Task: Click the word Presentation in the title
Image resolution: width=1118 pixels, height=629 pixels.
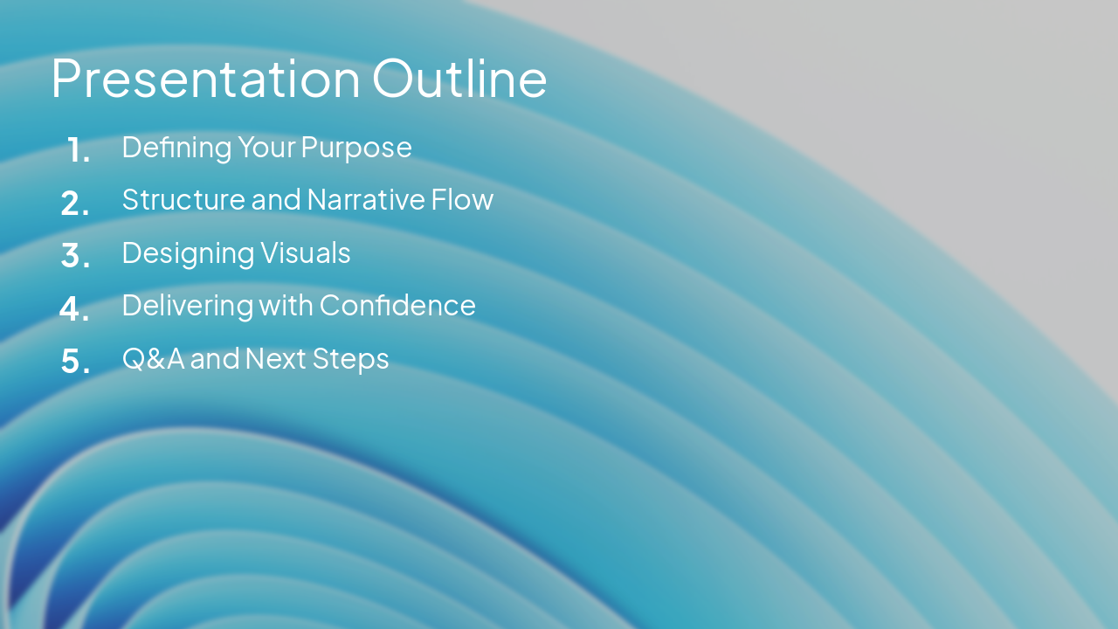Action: tap(205, 79)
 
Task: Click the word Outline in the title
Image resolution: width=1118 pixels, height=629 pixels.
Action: tap(459, 79)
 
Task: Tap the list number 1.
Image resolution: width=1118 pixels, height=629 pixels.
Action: tap(78, 150)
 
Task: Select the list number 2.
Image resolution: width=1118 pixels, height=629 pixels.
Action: tap(75, 204)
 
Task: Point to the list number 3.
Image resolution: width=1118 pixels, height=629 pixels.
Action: tap(75, 256)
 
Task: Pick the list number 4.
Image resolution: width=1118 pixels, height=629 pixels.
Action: tap(74, 308)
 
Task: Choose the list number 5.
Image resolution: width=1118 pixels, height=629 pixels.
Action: tap(75, 362)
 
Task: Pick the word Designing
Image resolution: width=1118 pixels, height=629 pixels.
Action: tap(188, 253)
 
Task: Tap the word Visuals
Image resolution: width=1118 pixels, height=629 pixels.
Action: tap(305, 253)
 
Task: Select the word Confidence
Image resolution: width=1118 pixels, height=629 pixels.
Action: tap(397, 306)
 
